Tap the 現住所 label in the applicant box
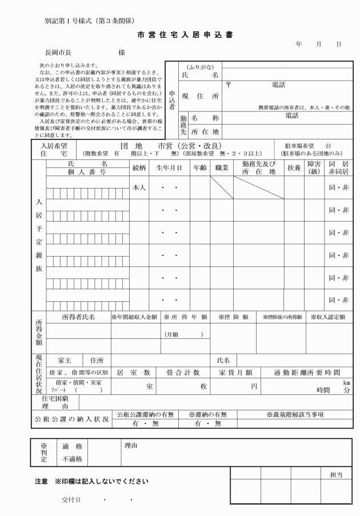(x=200, y=97)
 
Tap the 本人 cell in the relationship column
(x=140, y=187)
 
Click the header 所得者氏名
(x=78, y=317)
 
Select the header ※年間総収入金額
(x=133, y=317)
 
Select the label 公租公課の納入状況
(x=70, y=419)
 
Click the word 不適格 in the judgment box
(x=71, y=458)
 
